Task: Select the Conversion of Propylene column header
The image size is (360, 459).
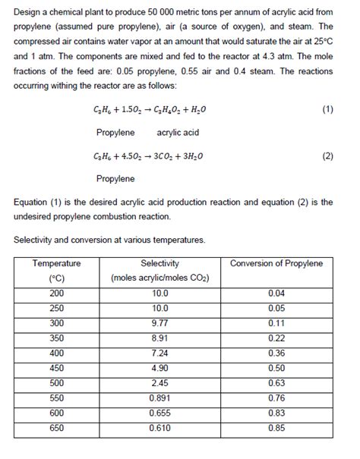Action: click(276, 263)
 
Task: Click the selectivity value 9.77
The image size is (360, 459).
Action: click(160, 322)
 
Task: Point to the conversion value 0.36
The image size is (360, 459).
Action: click(276, 353)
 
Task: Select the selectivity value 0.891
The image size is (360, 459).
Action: click(160, 398)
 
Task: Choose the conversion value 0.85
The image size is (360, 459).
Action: click(276, 428)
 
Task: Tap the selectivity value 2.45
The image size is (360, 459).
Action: click(160, 383)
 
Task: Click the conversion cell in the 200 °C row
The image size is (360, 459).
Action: click(276, 293)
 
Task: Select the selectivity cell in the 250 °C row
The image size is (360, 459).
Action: click(160, 308)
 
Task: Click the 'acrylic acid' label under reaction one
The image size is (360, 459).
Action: click(177, 132)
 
